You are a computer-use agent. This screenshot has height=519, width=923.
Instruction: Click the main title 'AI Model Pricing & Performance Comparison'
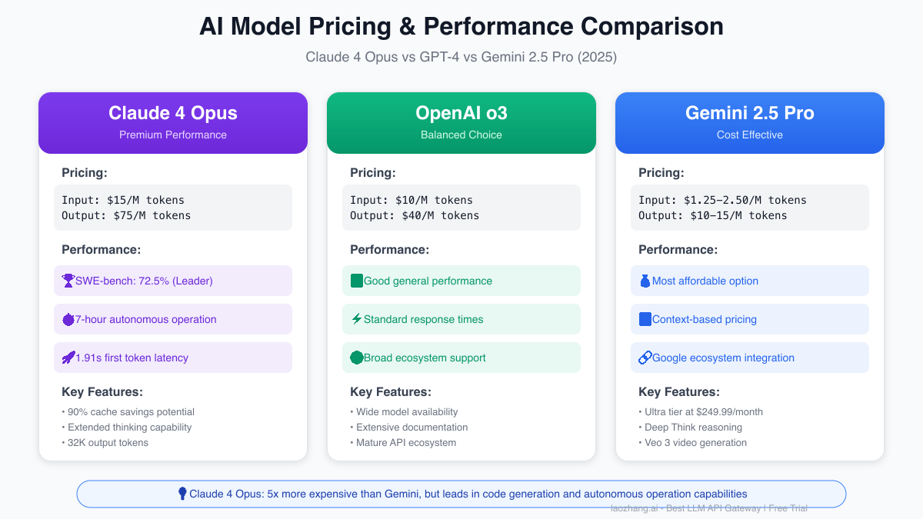pos(461,26)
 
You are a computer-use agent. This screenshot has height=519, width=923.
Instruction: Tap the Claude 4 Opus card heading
pos(173,113)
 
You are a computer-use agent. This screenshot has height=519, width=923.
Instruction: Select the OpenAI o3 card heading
pos(461,113)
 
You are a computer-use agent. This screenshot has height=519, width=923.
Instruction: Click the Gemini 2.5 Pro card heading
pos(750,113)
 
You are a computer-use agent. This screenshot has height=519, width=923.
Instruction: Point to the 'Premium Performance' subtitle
pos(173,135)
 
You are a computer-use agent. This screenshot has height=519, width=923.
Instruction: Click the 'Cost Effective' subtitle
pos(750,135)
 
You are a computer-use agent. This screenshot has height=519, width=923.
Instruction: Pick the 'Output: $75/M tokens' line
pos(126,215)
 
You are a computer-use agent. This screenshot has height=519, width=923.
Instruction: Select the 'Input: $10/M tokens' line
pos(412,200)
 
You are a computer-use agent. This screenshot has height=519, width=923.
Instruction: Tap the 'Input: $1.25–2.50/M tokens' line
pos(722,200)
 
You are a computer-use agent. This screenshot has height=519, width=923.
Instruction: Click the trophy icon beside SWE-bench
pos(68,281)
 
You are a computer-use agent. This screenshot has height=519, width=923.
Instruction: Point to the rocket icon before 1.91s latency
pos(68,358)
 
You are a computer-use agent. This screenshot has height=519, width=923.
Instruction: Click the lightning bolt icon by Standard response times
pos(357,319)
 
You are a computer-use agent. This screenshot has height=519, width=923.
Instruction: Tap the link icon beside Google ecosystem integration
pos(645,358)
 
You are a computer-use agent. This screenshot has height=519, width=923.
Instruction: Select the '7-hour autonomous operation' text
pos(145,319)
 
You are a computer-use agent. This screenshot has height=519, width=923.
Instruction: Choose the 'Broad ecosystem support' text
pos(425,358)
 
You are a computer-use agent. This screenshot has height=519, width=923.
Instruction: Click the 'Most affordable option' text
pos(705,281)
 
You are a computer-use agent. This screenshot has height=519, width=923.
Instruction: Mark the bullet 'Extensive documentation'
pos(412,427)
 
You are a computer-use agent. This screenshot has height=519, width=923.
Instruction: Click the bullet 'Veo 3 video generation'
pos(692,442)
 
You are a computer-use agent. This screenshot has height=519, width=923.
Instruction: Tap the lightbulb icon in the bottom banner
pos(182,494)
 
